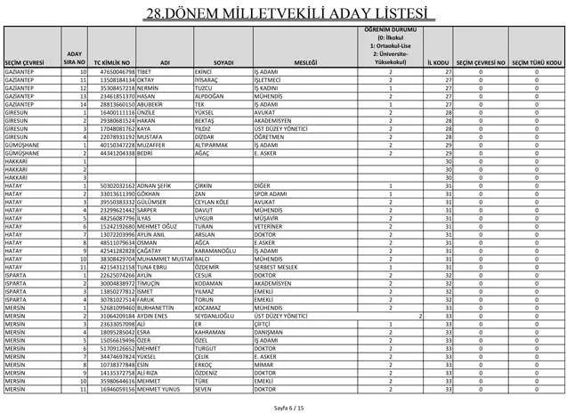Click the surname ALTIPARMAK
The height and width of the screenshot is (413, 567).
(x=215, y=145)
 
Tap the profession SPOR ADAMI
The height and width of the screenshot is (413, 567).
(x=272, y=193)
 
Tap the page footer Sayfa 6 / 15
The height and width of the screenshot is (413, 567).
(x=283, y=406)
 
